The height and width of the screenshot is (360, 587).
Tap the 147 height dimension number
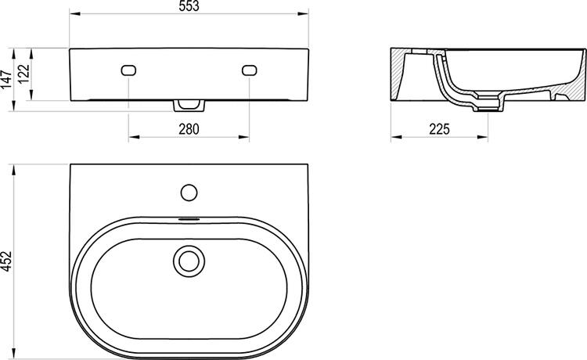coord(7,78)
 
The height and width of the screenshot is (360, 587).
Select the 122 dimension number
coord(23,74)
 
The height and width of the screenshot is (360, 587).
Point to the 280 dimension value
coord(189,129)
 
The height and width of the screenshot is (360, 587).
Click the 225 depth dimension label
coord(440,129)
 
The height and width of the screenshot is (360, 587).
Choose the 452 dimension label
coord(7,261)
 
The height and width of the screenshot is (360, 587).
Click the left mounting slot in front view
coord(128,70)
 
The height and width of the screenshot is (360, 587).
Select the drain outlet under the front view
coord(189,104)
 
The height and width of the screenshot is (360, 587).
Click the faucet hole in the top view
coord(188,191)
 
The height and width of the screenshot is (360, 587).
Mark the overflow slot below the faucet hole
coord(188,218)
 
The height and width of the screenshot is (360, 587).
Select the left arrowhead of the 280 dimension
coord(131,139)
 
